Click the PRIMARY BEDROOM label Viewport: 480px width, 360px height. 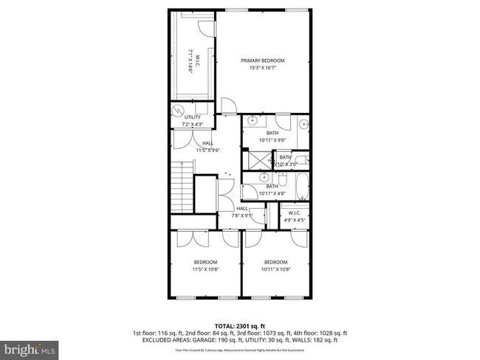pyautogui.click(x=264, y=60)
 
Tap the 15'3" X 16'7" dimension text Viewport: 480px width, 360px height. pyautogui.click(x=264, y=68)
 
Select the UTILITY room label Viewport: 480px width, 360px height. pyautogui.click(x=193, y=117)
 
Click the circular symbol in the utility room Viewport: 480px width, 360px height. pyautogui.click(x=176, y=111)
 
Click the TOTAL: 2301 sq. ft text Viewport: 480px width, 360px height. pyautogui.click(x=240, y=325)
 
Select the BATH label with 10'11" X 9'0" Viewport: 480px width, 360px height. pyautogui.click(x=272, y=133)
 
